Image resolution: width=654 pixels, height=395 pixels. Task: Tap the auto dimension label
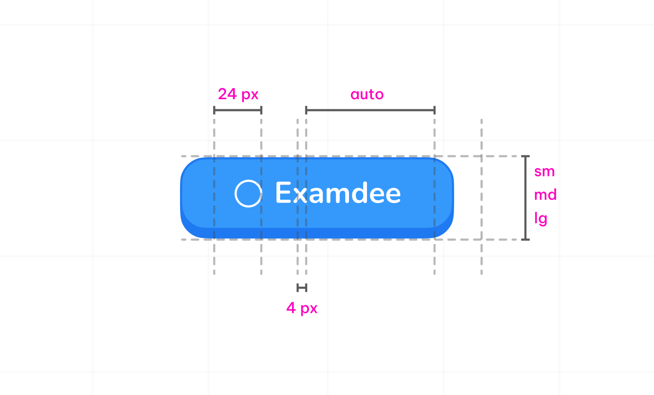coord(367,95)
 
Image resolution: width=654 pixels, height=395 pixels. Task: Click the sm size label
coord(544,172)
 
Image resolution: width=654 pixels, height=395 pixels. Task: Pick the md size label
coord(545,195)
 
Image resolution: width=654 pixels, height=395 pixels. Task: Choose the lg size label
coord(541,219)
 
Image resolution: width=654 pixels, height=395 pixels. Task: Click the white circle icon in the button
coord(248,193)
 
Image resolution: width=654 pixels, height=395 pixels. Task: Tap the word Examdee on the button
coord(338,193)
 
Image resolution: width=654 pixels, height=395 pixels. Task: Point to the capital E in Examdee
coord(283,193)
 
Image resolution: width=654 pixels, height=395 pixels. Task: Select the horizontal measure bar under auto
coord(370,110)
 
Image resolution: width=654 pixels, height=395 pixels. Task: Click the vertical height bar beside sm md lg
coord(525,197)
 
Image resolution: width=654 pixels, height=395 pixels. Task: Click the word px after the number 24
coord(250,95)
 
